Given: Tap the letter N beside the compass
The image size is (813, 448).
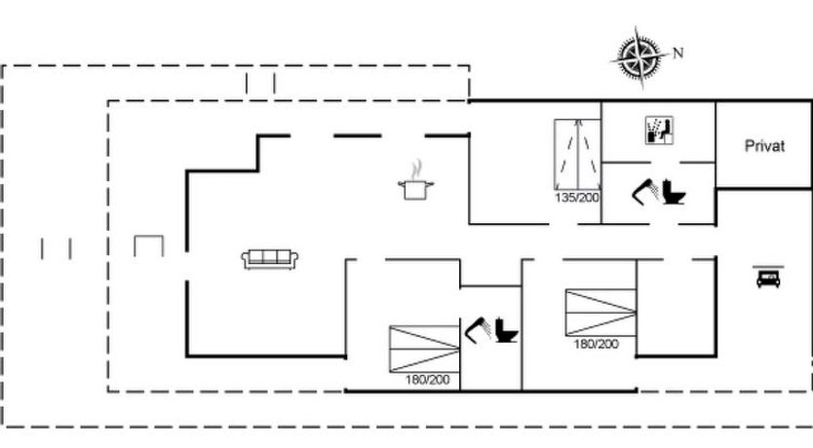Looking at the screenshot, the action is [677, 53].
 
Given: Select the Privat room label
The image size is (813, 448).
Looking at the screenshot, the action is [764, 145].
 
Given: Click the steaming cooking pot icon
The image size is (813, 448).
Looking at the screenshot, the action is [415, 180].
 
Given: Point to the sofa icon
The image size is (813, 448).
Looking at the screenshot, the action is [270, 259].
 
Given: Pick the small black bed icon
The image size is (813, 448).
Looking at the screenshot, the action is [768, 278].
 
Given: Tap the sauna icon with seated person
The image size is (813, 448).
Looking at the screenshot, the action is [659, 130].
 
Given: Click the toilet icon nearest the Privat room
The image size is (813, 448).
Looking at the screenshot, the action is [674, 192].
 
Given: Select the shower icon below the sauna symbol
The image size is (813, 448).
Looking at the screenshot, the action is [645, 191].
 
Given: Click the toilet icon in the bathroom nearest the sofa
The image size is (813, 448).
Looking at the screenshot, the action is [506, 330].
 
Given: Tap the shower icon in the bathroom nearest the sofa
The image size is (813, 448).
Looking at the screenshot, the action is [478, 329].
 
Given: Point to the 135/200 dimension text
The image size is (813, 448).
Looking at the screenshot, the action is [576, 198].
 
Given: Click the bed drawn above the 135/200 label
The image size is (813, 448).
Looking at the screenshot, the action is [578, 154].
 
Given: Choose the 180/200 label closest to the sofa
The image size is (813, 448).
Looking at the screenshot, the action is [427, 380].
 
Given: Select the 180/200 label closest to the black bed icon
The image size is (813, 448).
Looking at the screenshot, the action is [596, 344].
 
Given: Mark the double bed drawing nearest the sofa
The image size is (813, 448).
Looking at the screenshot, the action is [425, 349].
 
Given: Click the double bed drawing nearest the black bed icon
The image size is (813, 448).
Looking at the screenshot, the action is [600, 313].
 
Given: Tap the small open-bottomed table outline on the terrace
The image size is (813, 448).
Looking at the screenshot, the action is [149, 236].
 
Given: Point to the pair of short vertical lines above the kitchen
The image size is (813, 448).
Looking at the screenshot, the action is [260, 84].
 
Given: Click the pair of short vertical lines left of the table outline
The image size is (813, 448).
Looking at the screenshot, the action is [56, 248].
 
